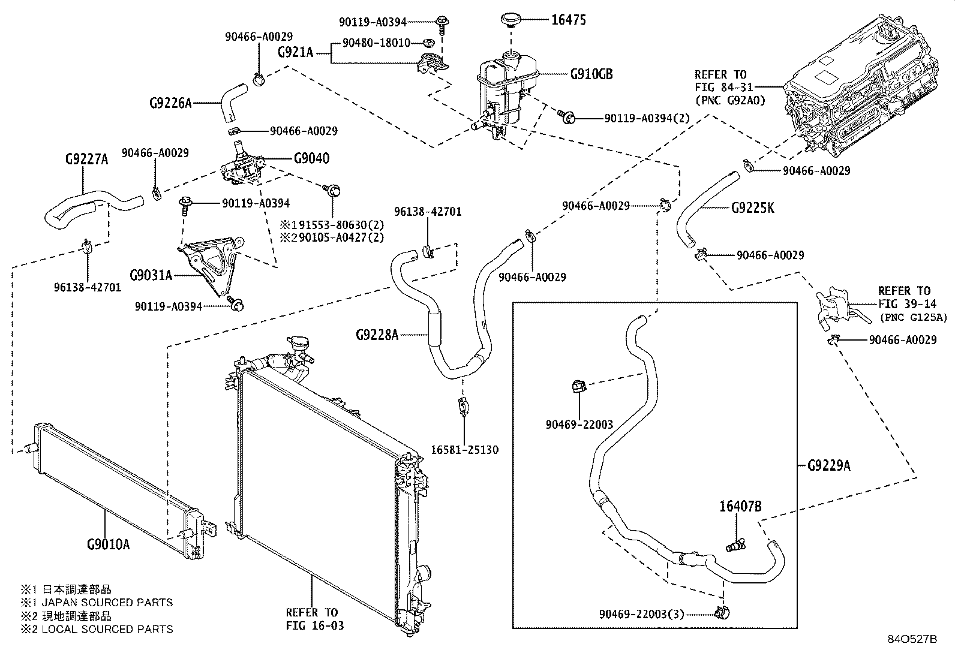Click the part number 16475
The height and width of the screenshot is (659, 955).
[569, 20]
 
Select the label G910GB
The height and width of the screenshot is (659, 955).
[591, 74]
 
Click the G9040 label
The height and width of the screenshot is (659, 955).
[311, 159]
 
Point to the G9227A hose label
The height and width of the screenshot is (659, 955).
[86, 160]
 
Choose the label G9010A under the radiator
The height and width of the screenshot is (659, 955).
[108, 544]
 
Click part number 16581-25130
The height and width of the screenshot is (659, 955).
[464, 450]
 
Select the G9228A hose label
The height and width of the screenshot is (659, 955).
[377, 335]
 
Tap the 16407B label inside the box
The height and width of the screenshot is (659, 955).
[740, 507]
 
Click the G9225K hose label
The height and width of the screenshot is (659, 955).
[752, 208]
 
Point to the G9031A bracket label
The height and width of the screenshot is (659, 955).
[151, 275]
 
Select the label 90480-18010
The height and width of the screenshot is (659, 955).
[376, 43]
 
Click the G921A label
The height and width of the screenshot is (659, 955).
[295, 53]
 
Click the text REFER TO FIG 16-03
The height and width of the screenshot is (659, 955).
[312, 619]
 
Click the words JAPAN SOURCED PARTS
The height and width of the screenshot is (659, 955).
[107, 603]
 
